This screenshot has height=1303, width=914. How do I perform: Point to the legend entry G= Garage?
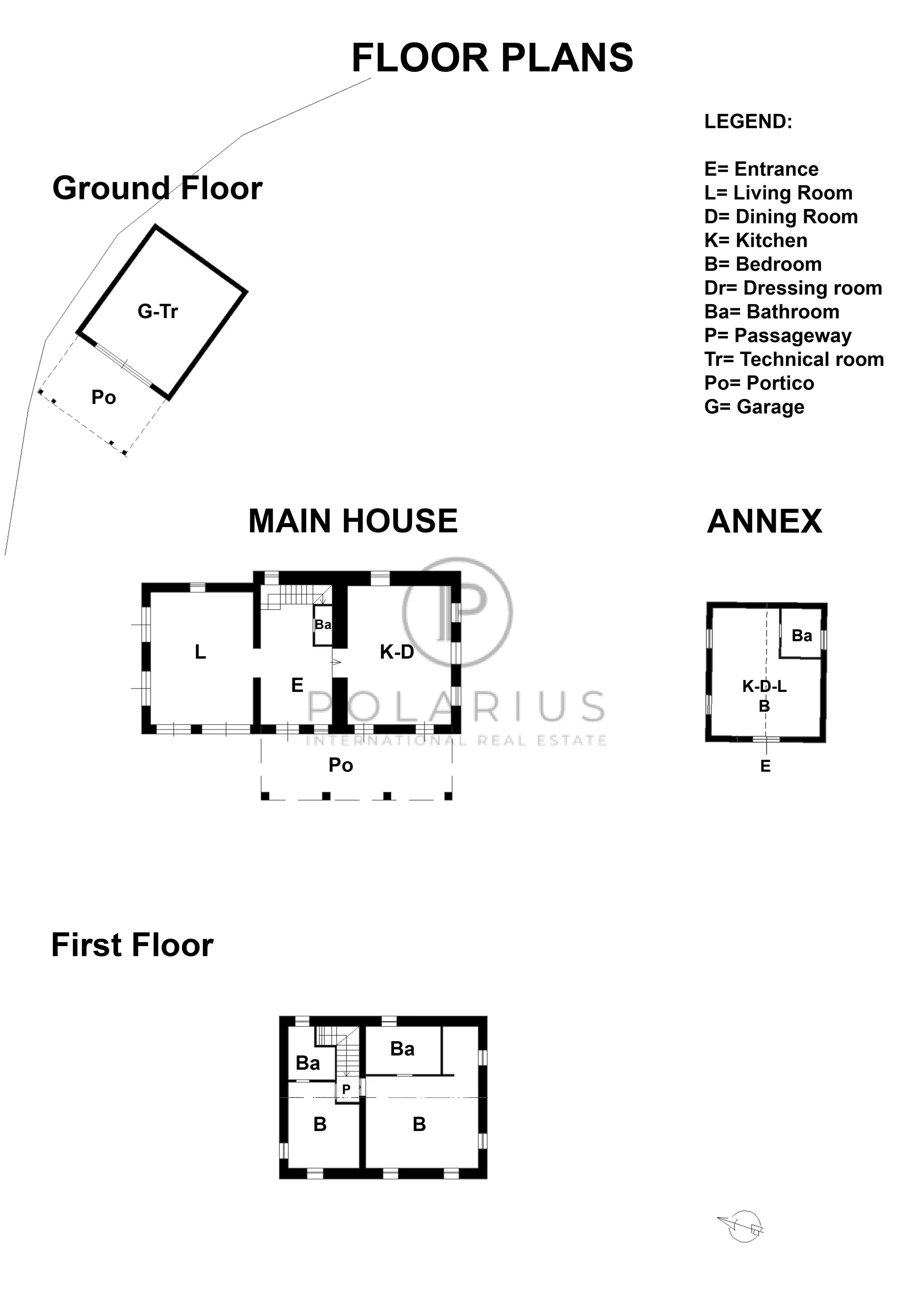754,407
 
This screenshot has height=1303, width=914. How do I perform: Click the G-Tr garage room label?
158,311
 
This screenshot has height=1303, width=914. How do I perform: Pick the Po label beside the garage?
104,397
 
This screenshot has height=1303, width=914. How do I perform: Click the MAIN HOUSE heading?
353,521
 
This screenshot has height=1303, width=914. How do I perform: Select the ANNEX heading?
764,521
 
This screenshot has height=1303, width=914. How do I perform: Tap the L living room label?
200,652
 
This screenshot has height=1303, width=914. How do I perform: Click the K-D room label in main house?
397,652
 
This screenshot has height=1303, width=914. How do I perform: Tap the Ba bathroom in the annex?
802,636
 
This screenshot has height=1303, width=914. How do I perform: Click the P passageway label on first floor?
346,1089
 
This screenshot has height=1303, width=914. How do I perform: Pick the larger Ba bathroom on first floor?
402,1049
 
